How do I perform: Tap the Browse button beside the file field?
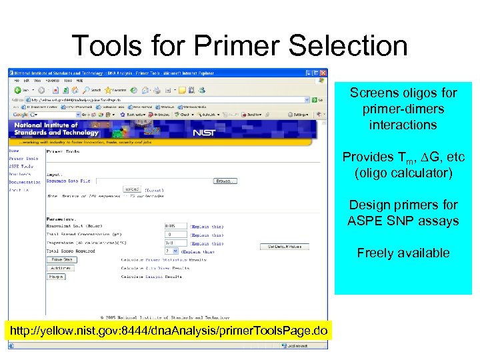[x=225, y=181]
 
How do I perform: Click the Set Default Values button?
[x=285, y=247]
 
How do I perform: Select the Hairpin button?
[x=56, y=276]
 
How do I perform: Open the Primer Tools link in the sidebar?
[x=23, y=159]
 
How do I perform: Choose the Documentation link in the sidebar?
[x=25, y=182]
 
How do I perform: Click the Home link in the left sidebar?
[x=14, y=151]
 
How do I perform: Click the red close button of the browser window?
[x=323, y=73]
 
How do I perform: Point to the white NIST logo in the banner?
[x=203, y=132]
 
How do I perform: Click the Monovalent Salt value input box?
[x=175, y=226]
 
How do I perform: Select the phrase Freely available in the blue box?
[x=403, y=253]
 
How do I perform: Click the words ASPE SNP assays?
[x=403, y=221]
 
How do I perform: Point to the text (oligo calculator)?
[x=403, y=173]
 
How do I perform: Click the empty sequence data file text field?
[x=153, y=181]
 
